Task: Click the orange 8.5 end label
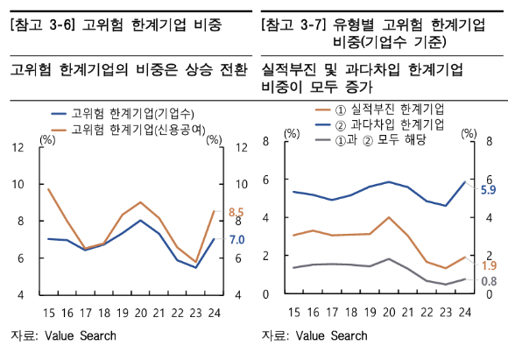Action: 236,212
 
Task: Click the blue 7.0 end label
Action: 236,239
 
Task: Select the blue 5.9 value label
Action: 490,189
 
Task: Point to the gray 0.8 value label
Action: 490,281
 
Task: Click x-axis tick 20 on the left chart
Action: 139,310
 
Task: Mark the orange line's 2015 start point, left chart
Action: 47,188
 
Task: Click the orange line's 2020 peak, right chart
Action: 389,217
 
